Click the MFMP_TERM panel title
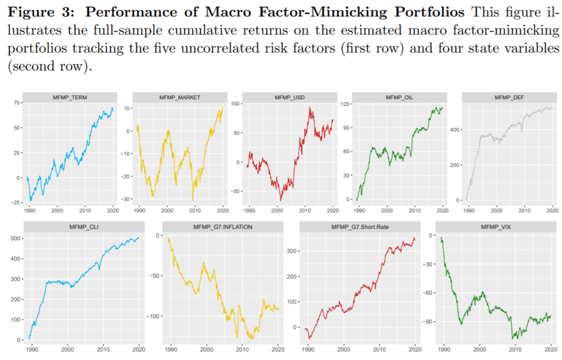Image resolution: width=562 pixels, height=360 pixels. pyautogui.click(x=70, y=97)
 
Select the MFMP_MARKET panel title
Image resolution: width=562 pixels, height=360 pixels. pyautogui.click(x=179, y=97)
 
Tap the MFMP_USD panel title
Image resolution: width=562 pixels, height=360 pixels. pyautogui.click(x=290, y=97)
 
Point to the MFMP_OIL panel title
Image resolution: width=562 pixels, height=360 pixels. pyautogui.click(x=400, y=97)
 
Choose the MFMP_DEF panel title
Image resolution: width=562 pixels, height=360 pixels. pyautogui.click(x=509, y=97)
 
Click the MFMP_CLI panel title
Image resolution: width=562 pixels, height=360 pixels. pyautogui.click(x=84, y=227)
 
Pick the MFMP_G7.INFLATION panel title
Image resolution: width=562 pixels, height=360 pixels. pyautogui.click(x=223, y=227)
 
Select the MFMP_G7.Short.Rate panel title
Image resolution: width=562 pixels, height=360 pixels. pyautogui.click(x=360, y=227)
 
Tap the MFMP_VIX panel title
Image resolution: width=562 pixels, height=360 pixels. pyautogui.click(x=496, y=227)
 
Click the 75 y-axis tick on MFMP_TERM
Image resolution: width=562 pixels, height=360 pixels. pyautogui.click(x=16, y=103)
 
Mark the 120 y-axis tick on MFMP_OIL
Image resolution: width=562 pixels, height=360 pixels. pyautogui.click(x=345, y=104)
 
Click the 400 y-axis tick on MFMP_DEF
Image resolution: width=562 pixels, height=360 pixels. pyautogui.click(x=454, y=130)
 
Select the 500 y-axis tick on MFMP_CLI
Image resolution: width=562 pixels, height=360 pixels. pyautogui.click(x=16, y=239)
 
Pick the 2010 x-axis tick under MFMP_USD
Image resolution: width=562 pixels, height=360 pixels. pyautogui.click(x=305, y=211)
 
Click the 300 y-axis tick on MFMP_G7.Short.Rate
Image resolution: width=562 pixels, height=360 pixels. pyautogui.click(x=291, y=251)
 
